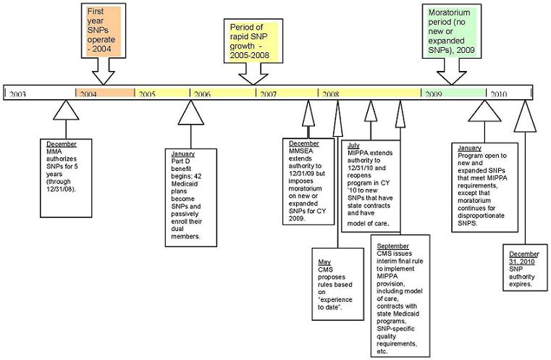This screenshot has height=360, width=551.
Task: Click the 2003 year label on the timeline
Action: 19,94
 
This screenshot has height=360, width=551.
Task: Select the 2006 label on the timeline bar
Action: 203,94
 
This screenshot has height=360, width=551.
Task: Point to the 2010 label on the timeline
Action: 500,94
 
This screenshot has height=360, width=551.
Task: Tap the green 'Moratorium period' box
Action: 453,33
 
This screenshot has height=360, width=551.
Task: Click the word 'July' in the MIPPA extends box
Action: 353,146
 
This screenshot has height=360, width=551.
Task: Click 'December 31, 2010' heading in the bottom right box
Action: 523,258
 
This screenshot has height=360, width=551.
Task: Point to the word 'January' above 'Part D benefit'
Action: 183,154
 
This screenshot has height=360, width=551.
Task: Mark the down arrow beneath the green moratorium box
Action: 453,74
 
